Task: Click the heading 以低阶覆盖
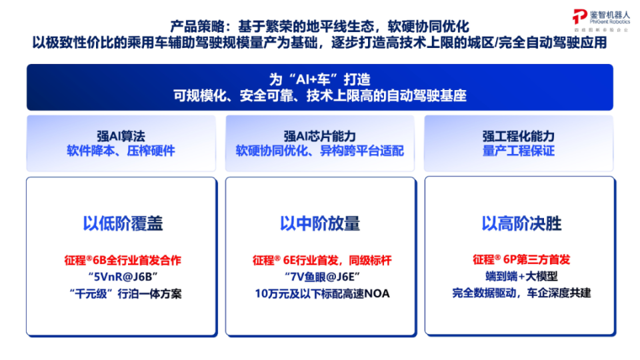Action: [123, 223]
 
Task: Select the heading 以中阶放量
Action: [320, 223]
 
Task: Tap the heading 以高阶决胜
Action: [521, 223]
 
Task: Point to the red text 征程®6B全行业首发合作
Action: [121, 260]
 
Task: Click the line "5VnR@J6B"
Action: [121, 277]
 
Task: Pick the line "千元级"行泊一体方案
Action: [121, 293]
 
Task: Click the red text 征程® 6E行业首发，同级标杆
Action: [320, 260]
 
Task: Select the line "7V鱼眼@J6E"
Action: [320, 277]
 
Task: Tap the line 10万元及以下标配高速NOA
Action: [320, 293]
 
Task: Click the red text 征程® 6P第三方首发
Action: [521, 260]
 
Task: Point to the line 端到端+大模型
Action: [521, 277]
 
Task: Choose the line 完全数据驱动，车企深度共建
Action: [521, 293]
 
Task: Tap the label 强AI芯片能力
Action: [320, 136]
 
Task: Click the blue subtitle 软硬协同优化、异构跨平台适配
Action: [320, 151]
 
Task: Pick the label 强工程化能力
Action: [519, 136]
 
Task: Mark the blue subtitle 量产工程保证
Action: [519, 151]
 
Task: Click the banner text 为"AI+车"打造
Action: [320, 78]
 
